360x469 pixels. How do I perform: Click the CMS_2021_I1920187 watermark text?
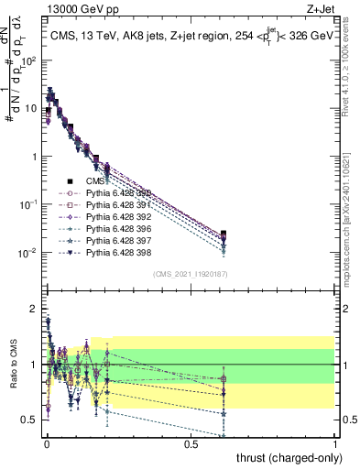pyautogui.click(x=190, y=274)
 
